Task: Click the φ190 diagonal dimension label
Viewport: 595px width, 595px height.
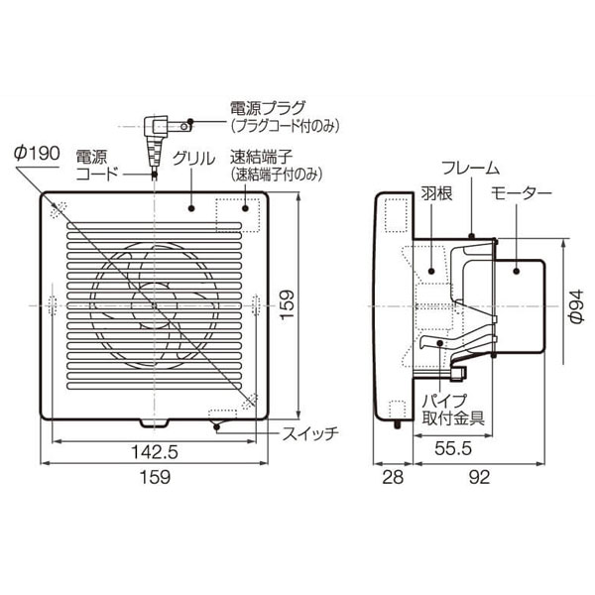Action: pyautogui.click(x=37, y=154)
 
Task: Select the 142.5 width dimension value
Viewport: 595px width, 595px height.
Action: pyautogui.click(x=155, y=452)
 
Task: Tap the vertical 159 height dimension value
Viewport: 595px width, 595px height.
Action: pyautogui.click(x=287, y=304)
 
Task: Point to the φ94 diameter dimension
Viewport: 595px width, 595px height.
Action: pyautogui.click(x=576, y=305)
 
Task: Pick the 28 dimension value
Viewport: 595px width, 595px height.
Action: pyautogui.click(x=393, y=477)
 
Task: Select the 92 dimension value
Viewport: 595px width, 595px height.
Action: pyautogui.click(x=480, y=477)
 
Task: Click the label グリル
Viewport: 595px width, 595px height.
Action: pyautogui.click(x=193, y=159)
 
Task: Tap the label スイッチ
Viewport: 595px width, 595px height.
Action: pyautogui.click(x=310, y=433)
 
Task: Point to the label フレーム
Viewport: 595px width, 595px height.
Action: pyautogui.click(x=471, y=168)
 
